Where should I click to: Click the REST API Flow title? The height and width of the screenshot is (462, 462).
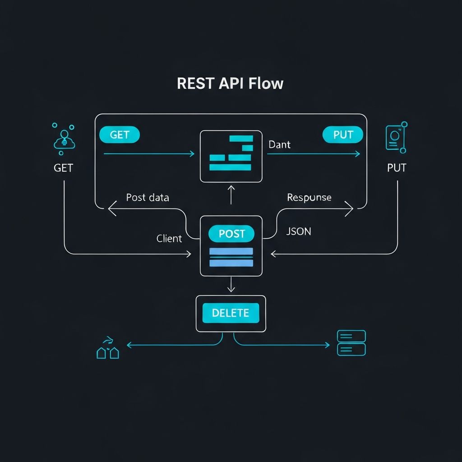pos(230,84)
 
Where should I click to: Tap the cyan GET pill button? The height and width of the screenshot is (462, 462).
pos(119,135)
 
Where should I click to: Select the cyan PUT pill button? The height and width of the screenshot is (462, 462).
pos(343,135)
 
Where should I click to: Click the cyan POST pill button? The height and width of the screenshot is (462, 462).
pos(231,234)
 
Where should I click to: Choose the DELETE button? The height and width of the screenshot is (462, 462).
pos(231,313)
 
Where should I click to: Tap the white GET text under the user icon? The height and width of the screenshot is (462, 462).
pos(63,168)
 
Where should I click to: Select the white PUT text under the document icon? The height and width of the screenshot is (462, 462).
pos(397,168)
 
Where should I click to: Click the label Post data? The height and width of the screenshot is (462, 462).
pos(148,198)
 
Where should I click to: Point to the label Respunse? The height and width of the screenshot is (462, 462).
pos(309,198)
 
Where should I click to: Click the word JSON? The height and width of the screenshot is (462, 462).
pos(299,231)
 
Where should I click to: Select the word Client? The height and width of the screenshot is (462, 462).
pos(169,239)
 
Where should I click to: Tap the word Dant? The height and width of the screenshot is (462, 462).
pos(279,145)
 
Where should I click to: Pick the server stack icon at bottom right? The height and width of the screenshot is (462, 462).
pos(351,343)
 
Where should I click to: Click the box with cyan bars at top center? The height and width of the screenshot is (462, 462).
pos(231,156)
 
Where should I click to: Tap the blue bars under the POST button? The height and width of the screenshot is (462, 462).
pos(231,257)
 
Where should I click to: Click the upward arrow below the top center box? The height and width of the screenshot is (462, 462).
pos(231,194)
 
